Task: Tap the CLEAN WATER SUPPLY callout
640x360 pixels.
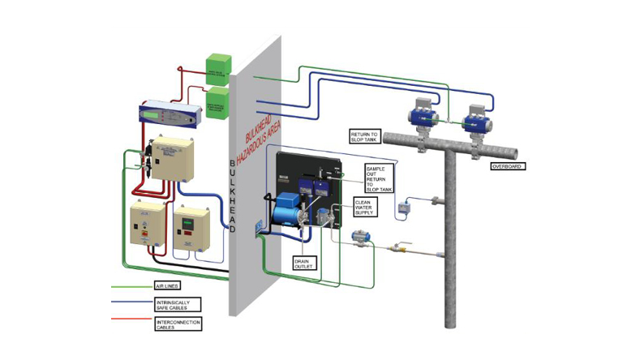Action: click(366, 208)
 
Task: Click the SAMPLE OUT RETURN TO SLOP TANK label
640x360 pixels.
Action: click(379, 177)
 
